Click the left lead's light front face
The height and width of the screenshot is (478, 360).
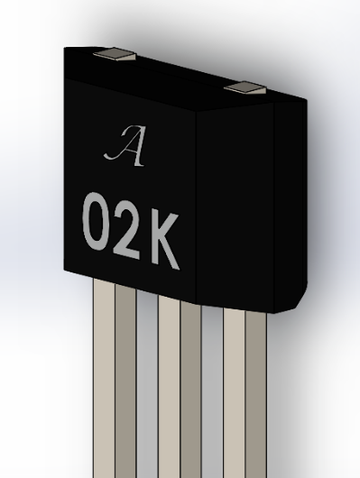(x=103, y=379)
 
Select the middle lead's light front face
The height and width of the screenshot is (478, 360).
(x=169, y=388)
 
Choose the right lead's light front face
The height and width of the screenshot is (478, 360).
(x=234, y=397)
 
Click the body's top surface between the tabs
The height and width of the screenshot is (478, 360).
(x=171, y=72)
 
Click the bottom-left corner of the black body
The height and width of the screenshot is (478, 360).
(x=65, y=271)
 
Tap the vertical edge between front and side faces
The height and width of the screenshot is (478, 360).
(x=196, y=207)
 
